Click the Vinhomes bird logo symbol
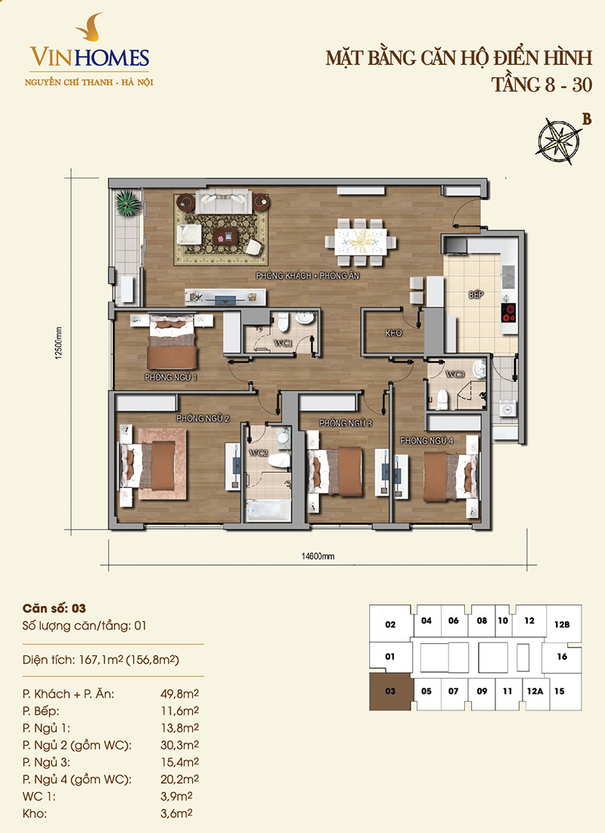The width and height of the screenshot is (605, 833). pyautogui.click(x=90, y=28)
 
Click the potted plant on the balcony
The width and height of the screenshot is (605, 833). pyautogui.click(x=128, y=203)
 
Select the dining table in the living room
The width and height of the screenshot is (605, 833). pyautogui.click(x=361, y=242)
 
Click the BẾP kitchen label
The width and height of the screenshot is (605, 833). pyautogui.click(x=476, y=294)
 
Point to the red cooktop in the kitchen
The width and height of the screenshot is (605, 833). pyautogui.click(x=509, y=312)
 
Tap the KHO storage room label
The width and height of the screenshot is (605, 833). pyautogui.click(x=393, y=333)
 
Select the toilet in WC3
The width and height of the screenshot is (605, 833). pyautogui.click(x=442, y=399)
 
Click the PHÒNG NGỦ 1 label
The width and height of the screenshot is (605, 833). pyautogui.click(x=170, y=378)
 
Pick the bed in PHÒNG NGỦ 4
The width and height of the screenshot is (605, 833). pyautogui.click(x=451, y=476)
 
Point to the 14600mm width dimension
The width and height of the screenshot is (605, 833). pyautogui.click(x=318, y=557)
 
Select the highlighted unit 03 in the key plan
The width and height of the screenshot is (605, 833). pyautogui.click(x=390, y=692)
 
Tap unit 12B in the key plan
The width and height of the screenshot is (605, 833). pyautogui.click(x=562, y=624)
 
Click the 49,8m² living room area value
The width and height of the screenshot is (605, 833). pyautogui.click(x=179, y=693)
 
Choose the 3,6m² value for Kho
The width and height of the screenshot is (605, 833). pyautogui.click(x=176, y=813)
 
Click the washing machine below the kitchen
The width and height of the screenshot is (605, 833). pyautogui.click(x=507, y=411)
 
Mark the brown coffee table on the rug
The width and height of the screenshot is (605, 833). pyautogui.click(x=223, y=235)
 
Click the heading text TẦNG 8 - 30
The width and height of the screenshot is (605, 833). pyautogui.click(x=541, y=85)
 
